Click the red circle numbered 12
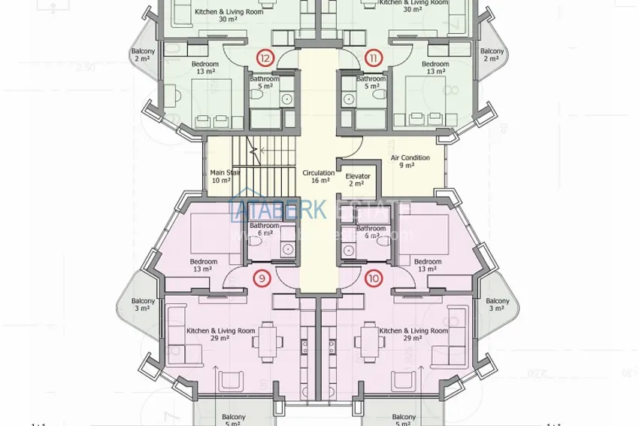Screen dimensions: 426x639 (x=265, y=57)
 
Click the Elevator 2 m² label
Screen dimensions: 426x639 (x=358, y=180)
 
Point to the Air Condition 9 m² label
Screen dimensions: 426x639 (x=410, y=161)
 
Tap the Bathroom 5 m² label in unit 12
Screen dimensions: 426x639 (x=265, y=82)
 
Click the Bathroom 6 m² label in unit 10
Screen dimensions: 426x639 (x=371, y=232)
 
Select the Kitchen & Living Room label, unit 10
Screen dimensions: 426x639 (x=413, y=334)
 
